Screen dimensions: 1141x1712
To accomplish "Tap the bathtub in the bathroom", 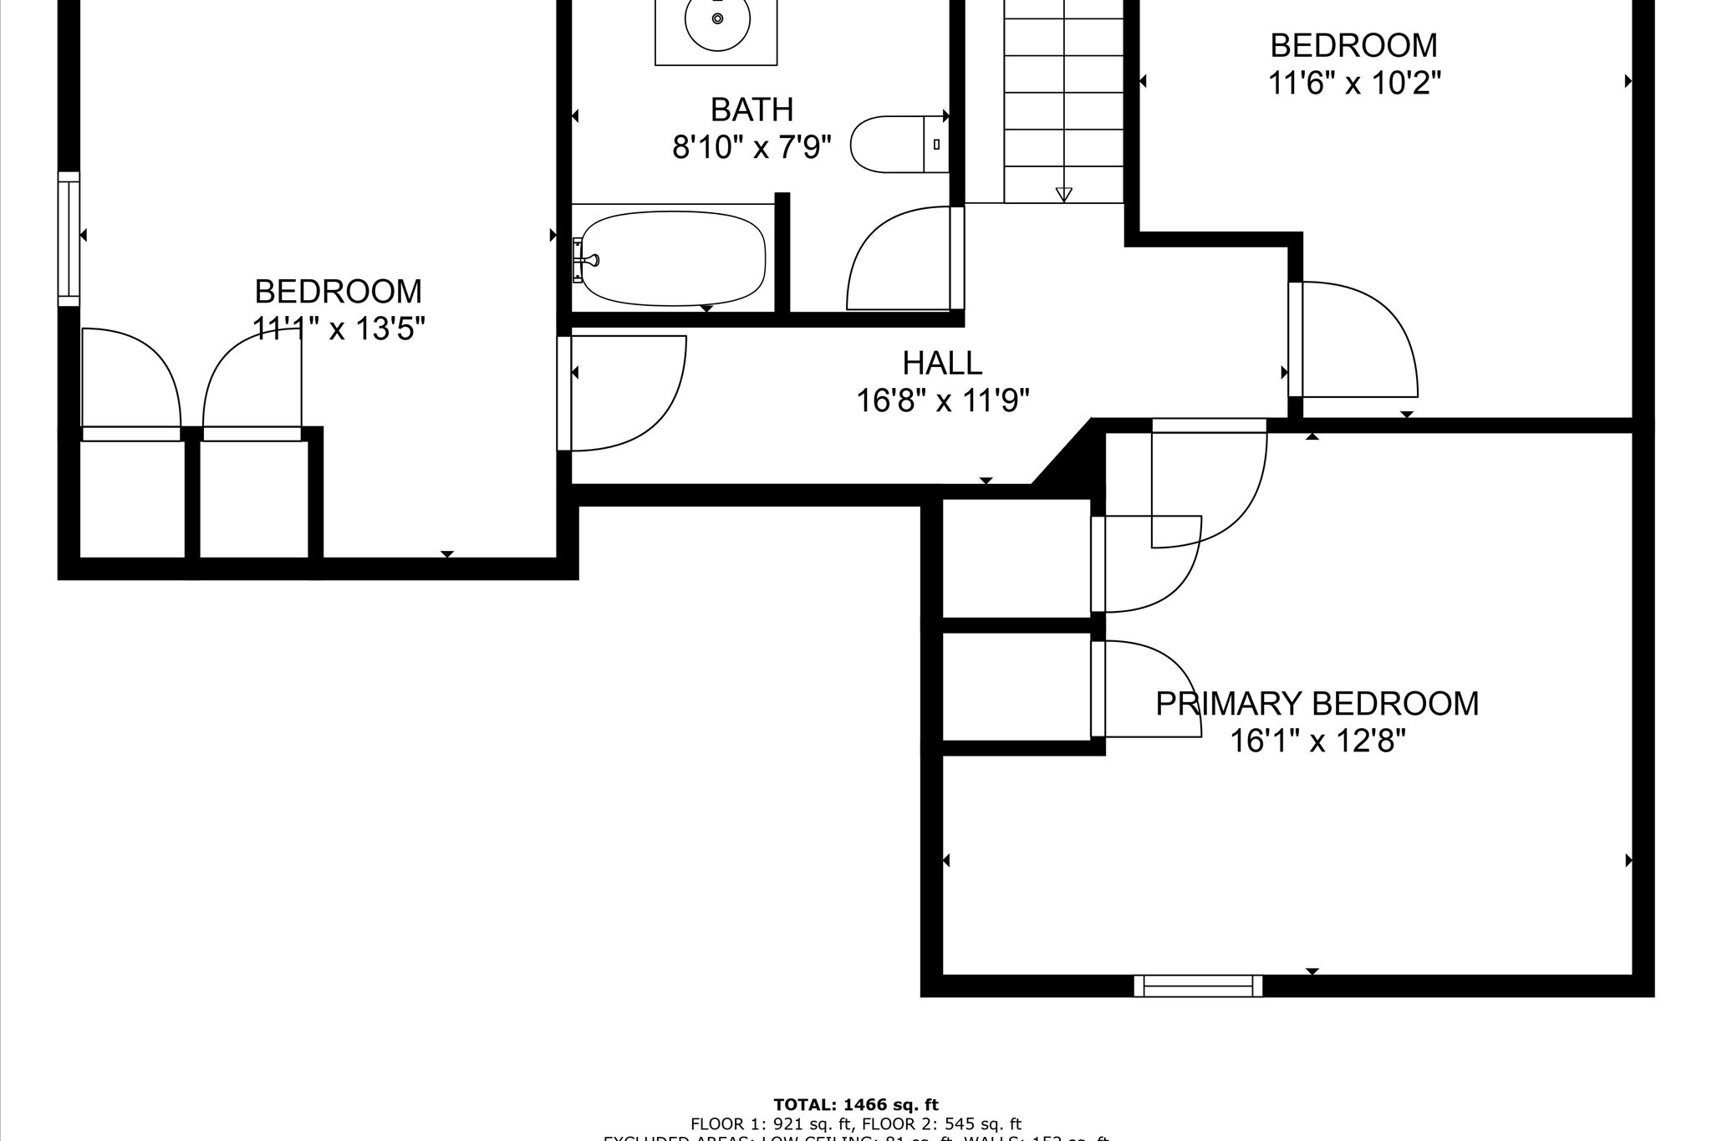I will pos(673,259).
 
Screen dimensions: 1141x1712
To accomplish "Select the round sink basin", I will pos(716,20).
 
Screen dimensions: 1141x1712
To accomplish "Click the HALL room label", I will pos(942,363).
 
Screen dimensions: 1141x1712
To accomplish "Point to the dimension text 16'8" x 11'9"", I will pos(942,401).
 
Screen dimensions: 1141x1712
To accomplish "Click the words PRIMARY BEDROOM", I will pos(1317,704).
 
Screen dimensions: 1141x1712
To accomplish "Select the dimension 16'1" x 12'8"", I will pos(1317,741).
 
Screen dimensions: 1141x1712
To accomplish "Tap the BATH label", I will pos(752,110).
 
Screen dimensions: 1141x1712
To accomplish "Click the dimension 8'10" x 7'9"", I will pos(752,148).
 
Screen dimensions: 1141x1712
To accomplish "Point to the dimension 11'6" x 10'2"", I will pos(1353,83).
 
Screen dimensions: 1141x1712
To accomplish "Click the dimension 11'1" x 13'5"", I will pos(339,329).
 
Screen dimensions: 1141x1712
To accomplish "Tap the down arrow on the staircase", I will pos(1063,194).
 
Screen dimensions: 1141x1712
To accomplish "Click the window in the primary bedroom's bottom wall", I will pos(1198,986).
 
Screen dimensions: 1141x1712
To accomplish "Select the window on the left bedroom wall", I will pos(69,239).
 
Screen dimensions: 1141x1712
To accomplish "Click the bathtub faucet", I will pos(585,260).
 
